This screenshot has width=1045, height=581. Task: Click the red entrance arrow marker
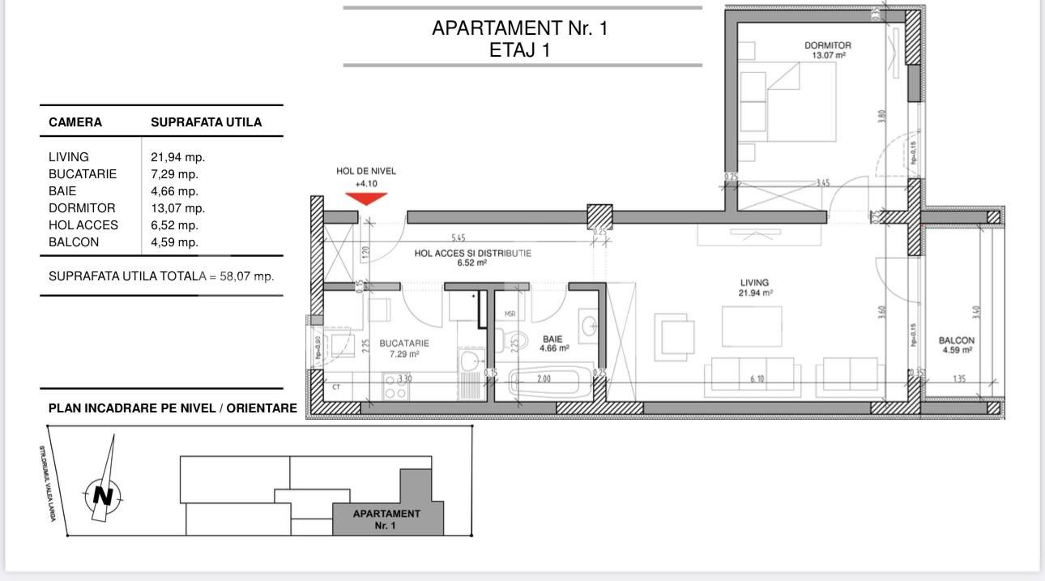[x=366, y=197]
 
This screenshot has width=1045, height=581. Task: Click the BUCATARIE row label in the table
[x=83, y=174]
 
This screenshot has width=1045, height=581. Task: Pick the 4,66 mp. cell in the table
[x=174, y=191]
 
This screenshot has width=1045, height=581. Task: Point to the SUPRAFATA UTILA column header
[x=206, y=122]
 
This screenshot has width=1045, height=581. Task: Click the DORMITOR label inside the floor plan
[x=827, y=46]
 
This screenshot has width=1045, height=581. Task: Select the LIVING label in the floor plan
[x=754, y=283]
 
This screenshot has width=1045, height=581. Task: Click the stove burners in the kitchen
[x=395, y=386]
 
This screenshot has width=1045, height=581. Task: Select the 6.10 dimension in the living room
[x=757, y=379]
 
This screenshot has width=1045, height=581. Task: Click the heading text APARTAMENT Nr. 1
[x=519, y=28]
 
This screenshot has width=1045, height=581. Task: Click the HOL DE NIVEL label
[x=366, y=171]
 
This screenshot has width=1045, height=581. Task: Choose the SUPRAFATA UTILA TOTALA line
[x=161, y=276]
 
